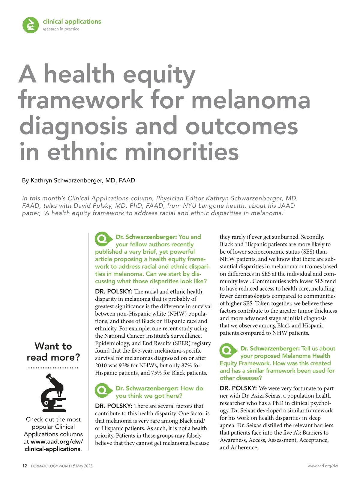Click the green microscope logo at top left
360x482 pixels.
[31, 25]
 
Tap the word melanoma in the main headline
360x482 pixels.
[251, 100]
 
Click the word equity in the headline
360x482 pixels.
[159, 74]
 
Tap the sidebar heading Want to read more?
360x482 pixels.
[53, 352]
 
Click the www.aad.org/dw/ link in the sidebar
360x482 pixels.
[57, 441]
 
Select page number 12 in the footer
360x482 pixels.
[25, 466]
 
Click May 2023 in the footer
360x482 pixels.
[84, 466]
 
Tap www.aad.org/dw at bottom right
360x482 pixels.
[322, 466]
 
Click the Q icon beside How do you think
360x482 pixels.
[102, 390]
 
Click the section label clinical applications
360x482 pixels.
[72, 22]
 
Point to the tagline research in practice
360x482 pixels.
[61, 29]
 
